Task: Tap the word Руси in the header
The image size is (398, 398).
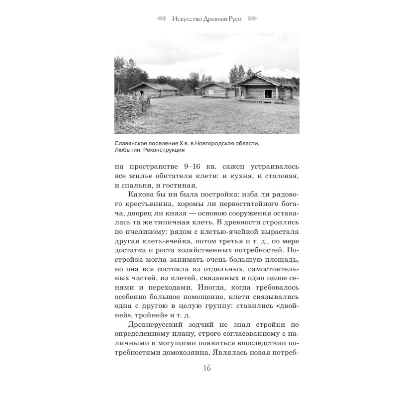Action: point(234,19)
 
